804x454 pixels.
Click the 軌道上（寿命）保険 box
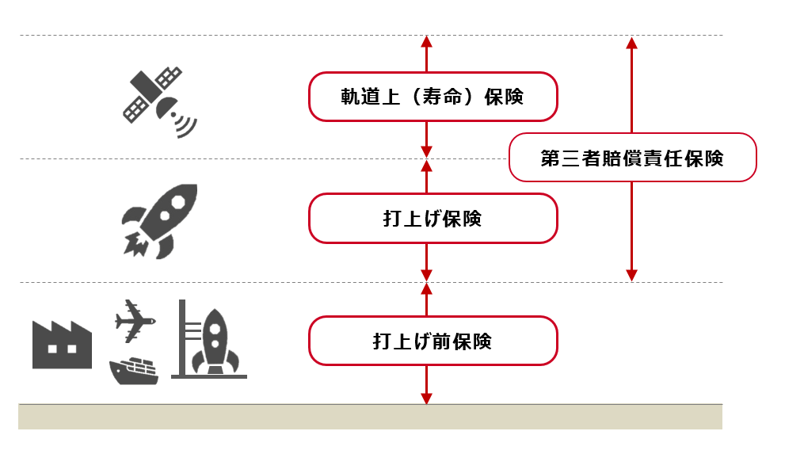point(432,97)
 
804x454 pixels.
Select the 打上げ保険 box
point(432,218)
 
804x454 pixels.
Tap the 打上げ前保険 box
point(432,341)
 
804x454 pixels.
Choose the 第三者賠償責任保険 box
point(632,158)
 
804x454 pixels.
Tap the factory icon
point(62,344)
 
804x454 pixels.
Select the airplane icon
point(134,321)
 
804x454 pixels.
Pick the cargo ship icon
point(134,370)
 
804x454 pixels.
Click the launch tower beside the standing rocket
point(184,337)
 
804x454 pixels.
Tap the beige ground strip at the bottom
point(370,417)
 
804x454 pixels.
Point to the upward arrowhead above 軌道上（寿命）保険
point(426,41)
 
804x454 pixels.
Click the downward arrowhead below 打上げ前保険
point(426,398)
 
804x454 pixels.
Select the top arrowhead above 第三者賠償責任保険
point(631,42)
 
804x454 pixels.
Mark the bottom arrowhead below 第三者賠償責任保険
point(631,275)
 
